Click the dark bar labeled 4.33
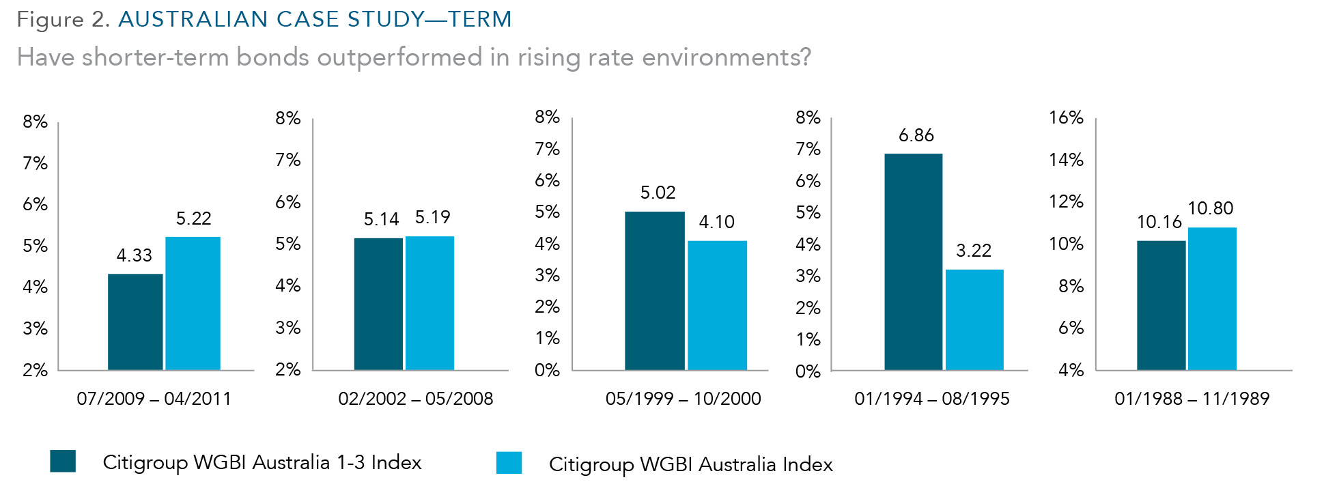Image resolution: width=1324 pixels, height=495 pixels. tap(135, 322)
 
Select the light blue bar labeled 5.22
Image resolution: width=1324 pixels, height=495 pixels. tap(193, 303)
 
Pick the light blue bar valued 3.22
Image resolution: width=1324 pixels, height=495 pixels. tap(974, 320)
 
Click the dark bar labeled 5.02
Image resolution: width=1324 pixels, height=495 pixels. tap(654, 291)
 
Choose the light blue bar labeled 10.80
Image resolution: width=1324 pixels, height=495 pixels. tap(1212, 298)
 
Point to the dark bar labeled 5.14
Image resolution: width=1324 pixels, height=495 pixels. tap(378, 304)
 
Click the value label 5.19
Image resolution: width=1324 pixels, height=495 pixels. tap(433, 217)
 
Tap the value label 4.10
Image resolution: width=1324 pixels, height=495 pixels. tap(716, 222)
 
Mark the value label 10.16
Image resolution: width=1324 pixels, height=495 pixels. tap(1159, 222)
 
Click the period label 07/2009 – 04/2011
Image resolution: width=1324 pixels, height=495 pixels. tap(154, 399)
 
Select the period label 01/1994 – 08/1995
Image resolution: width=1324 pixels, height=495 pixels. tap(931, 399)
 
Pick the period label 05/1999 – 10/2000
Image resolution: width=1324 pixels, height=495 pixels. tap(683, 399)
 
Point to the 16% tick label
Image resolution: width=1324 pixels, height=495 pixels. tap(1066, 117)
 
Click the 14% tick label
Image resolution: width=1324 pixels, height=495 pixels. tap(1066, 160)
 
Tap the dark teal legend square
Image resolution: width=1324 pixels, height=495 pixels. tap(63, 461)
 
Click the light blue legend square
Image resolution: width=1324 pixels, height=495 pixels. tap(509, 462)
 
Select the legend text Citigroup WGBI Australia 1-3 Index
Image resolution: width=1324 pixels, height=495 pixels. tap(262, 462)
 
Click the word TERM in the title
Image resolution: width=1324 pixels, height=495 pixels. tap(480, 19)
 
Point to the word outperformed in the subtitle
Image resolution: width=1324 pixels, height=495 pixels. tap(399, 57)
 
